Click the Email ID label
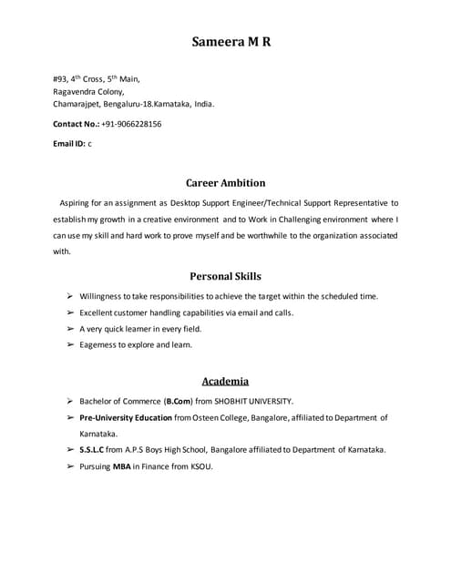point(68,143)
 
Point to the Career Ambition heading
point(225,182)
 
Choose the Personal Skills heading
point(225,275)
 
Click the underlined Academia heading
point(225,381)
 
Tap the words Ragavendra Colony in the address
point(88,91)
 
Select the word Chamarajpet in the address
point(76,104)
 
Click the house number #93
point(60,79)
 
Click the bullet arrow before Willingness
point(69,296)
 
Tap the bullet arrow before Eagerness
point(69,345)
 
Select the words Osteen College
point(220,417)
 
